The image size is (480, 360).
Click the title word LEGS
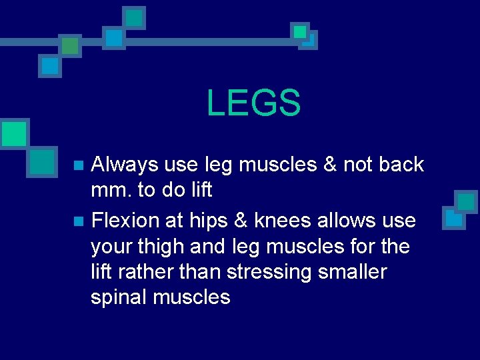[x=253, y=103]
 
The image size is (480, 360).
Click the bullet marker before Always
[x=79, y=165]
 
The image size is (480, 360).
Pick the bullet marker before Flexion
[x=79, y=221]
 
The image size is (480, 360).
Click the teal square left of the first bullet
[x=43, y=161]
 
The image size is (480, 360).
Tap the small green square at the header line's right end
[x=300, y=31]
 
